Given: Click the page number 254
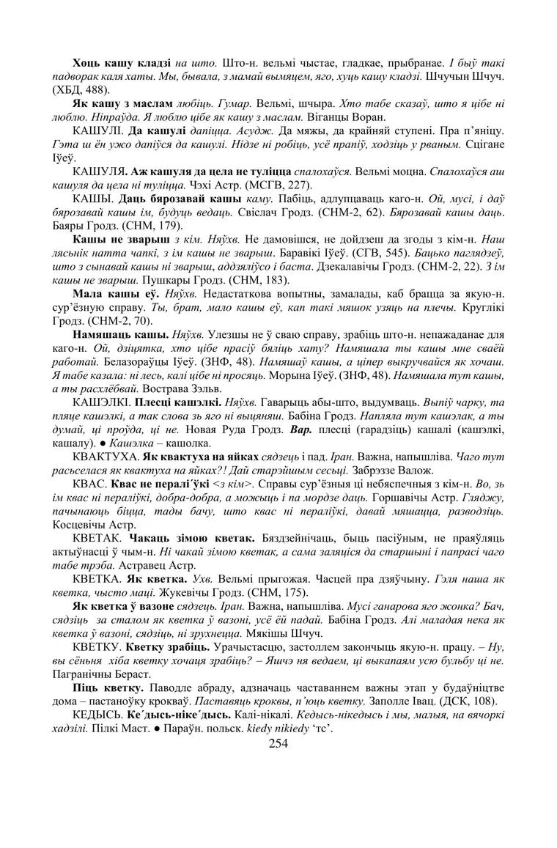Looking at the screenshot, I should click(x=278, y=742).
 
